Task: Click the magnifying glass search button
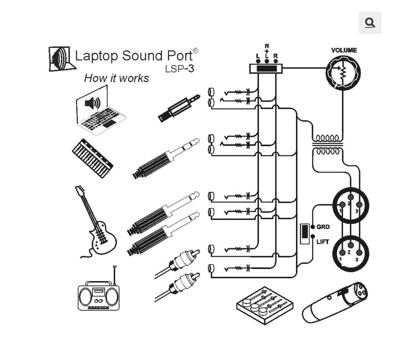pyautogui.click(x=370, y=23)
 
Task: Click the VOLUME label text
pyautogui.click(x=344, y=50)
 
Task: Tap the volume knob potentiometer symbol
pyautogui.click(x=343, y=73)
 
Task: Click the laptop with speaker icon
pyautogui.click(x=100, y=112)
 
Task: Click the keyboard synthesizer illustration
pyautogui.click(x=92, y=158)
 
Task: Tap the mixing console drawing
pyautogui.click(x=264, y=305)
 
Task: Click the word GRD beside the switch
pyautogui.click(x=323, y=227)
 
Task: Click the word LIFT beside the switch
pyautogui.click(x=323, y=242)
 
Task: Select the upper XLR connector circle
pyautogui.click(x=351, y=205)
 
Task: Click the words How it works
pyautogui.click(x=116, y=78)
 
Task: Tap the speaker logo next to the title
pyautogui.click(x=61, y=59)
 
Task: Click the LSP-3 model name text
pyautogui.click(x=179, y=69)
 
